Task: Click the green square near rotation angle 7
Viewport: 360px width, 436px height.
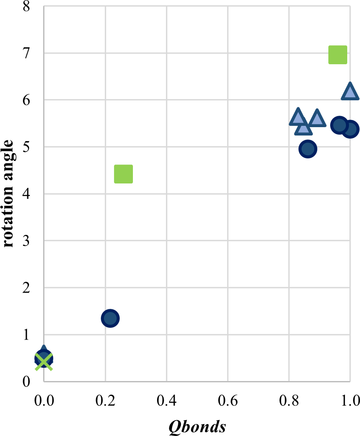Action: click(x=338, y=55)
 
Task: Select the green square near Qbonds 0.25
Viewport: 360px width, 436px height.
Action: click(x=123, y=174)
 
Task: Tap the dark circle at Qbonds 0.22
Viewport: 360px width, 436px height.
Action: click(x=110, y=318)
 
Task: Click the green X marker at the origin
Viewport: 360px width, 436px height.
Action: click(x=44, y=362)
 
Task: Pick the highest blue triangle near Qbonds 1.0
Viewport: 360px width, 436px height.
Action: click(x=350, y=92)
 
